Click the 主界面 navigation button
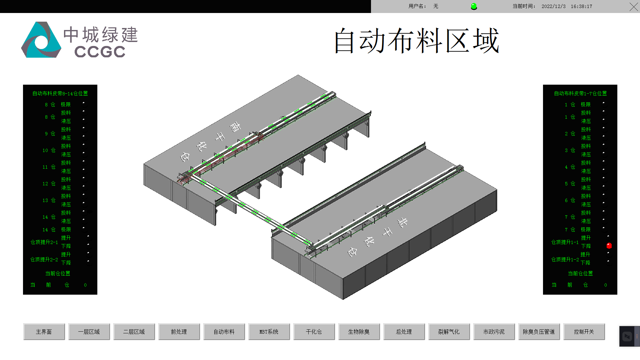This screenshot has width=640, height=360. (44, 332)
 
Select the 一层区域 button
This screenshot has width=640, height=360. (89, 332)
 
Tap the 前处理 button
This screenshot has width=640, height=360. (179, 332)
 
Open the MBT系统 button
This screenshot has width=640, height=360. (269, 332)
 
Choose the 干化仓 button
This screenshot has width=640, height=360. (314, 332)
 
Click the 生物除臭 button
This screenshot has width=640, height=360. (359, 332)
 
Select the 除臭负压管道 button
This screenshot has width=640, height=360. (539, 332)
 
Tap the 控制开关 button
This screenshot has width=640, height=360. (584, 332)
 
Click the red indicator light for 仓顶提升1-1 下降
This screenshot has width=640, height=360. (609, 246)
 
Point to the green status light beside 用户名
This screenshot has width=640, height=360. (474, 6)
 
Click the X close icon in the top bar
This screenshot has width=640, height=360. (634, 7)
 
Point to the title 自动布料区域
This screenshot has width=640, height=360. (416, 41)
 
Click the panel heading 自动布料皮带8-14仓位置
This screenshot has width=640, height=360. (60, 94)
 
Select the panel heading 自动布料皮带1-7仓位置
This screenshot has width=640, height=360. (580, 94)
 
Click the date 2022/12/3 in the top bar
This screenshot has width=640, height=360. (553, 6)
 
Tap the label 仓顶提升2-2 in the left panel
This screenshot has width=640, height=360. (44, 259)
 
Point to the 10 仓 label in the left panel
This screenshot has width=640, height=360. (49, 150)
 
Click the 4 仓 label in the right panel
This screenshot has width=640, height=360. (570, 167)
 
